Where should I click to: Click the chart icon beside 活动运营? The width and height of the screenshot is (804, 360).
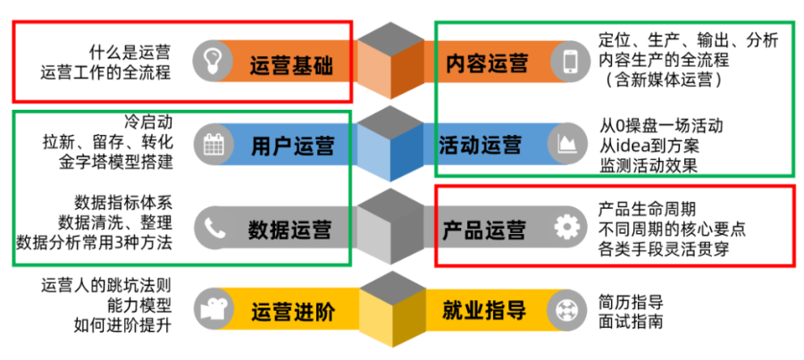pyautogui.click(x=566, y=144)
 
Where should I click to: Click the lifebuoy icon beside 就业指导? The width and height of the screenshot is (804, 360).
pyautogui.click(x=566, y=311)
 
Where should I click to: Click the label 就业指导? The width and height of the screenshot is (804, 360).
pyautogui.click(x=483, y=312)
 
